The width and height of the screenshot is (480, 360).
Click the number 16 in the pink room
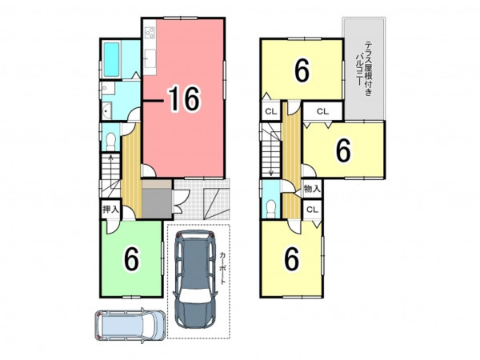tap(185, 98)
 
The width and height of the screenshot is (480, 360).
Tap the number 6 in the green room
tap(132, 259)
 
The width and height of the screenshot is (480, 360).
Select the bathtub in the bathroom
tap(111, 60)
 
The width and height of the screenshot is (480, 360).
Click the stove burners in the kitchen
tap(150, 33)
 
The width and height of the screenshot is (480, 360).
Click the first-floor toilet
tap(111, 141)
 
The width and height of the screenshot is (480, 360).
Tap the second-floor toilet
tap(271, 209)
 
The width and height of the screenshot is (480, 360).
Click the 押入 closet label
tap(110, 210)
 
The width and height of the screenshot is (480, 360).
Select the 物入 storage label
tap(312, 189)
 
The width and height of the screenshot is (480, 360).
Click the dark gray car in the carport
tap(195, 279)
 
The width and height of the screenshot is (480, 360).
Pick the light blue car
tap(130, 325)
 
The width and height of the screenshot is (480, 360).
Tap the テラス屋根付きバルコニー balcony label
tap(364, 69)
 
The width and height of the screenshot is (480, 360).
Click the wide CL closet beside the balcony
tap(322, 111)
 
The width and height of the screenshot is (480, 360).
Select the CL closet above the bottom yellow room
tap(312, 210)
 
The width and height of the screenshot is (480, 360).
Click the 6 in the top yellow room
tap(302, 70)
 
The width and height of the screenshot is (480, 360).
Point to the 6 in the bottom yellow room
tap(292, 259)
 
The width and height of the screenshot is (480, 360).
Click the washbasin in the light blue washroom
tap(106, 111)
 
